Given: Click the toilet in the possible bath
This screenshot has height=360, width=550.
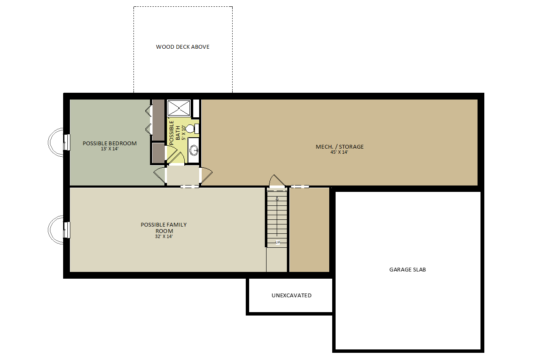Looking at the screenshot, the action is (192, 129).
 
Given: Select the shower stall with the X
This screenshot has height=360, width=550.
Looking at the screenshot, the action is (179, 108).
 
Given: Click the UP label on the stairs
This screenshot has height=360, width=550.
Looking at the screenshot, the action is (278, 242).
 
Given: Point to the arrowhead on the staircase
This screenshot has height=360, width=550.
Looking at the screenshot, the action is (277, 198).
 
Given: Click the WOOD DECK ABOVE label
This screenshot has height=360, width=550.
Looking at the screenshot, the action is (183, 47).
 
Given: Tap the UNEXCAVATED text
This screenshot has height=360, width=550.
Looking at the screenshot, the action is (292, 296).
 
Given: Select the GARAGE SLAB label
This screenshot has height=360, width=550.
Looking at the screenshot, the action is (408, 270).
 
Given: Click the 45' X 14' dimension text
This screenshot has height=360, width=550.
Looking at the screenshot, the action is (339, 152).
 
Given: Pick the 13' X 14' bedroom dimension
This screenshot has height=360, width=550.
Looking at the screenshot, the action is (109, 149).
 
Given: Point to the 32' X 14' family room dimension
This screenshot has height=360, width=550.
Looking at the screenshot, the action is (164, 237).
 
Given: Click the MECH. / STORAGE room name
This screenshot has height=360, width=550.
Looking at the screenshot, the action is (339, 147).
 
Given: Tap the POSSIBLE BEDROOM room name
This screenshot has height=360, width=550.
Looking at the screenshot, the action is (109, 143).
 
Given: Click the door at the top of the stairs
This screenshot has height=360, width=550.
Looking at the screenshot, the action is (277, 181).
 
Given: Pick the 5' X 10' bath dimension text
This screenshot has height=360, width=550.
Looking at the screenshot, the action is (183, 133).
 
